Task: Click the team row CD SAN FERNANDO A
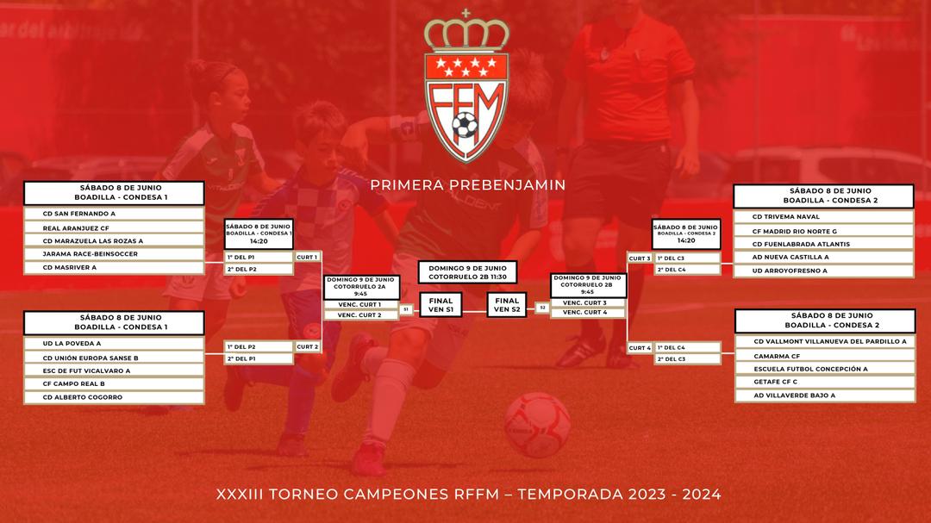(114, 214)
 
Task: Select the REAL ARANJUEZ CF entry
(114, 228)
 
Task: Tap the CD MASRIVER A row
(114, 268)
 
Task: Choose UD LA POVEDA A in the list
(114, 343)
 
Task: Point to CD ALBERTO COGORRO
(114, 397)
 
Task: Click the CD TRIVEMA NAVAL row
(823, 216)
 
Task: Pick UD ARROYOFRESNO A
(823, 271)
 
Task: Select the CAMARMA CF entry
(825, 356)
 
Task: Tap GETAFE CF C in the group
(825, 382)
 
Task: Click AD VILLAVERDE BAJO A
(825, 395)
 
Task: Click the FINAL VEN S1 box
(441, 305)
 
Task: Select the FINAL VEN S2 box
(507, 305)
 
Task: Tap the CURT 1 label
(307, 257)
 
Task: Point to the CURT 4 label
(640, 348)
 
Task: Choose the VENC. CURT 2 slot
(359, 315)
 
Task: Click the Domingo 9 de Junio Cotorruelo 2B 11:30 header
(467, 272)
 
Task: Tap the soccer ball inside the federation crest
(465, 126)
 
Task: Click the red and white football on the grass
(537, 425)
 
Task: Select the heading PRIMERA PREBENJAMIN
(468, 185)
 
